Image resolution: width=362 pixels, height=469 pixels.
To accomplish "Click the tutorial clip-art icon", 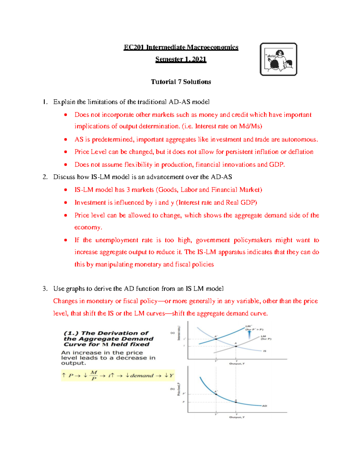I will [x=278, y=59].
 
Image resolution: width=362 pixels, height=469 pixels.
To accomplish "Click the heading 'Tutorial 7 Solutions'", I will [x=181, y=82].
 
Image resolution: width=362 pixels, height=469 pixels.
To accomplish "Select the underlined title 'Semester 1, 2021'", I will [x=181, y=59].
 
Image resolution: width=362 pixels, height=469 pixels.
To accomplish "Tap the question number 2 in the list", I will [x=45, y=177].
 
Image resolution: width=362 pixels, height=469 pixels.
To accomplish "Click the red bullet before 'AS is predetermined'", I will [x=65, y=140].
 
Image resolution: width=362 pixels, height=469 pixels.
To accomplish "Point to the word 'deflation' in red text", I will [x=300, y=152].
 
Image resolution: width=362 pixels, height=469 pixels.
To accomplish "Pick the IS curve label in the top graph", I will [x=265, y=351].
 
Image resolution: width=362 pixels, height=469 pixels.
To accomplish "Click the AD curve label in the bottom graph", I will [x=264, y=406].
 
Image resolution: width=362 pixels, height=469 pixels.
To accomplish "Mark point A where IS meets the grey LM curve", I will [x=236, y=346].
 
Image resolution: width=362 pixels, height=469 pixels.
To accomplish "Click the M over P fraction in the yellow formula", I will [x=94, y=375].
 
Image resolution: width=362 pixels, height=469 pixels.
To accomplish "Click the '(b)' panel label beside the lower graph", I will [x=173, y=389].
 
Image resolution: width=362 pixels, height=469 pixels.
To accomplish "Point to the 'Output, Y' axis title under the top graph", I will [x=237, y=364].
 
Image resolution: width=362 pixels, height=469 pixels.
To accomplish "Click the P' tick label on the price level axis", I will [x=184, y=394].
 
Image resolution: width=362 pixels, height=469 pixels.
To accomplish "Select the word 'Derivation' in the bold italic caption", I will [x=115, y=333].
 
